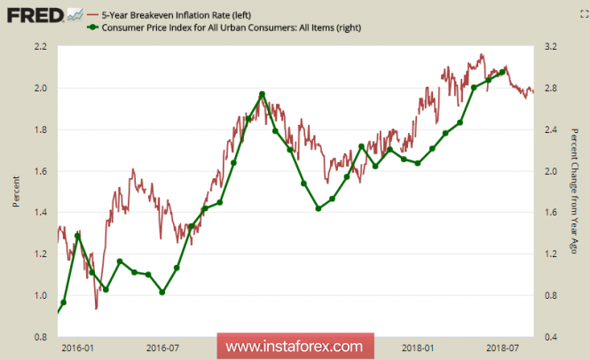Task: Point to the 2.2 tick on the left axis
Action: (x=41, y=46)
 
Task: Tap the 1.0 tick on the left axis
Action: (x=41, y=295)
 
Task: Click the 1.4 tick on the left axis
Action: (x=41, y=213)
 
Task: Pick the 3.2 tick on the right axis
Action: (x=549, y=46)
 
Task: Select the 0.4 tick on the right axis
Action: (x=549, y=337)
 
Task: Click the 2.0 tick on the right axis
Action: (x=549, y=171)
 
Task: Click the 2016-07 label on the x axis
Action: (x=163, y=348)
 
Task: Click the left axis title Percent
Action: (x=15, y=191)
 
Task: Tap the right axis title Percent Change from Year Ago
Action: (x=575, y=192)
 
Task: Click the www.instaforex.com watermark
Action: (x=295, y=346)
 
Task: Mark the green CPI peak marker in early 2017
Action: (x=262, y=94)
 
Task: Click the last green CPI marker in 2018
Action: (x=502, y=73)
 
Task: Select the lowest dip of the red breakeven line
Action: (x=96, y=309)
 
